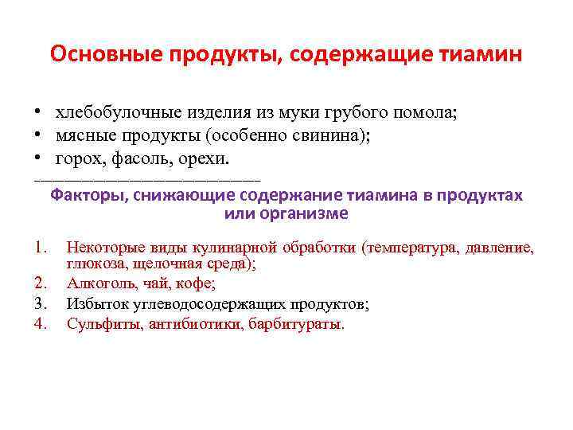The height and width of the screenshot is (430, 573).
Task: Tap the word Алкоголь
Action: click(x=99, y=283)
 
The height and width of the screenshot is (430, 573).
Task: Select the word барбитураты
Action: click(x=297, y=323)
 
